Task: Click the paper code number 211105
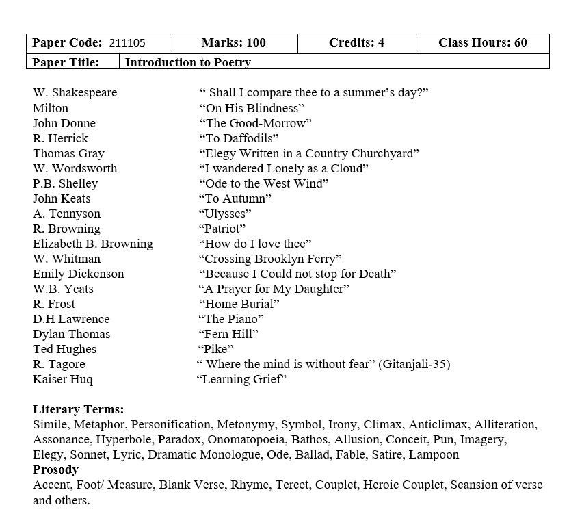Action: [127, 43]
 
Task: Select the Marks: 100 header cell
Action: [233, 43]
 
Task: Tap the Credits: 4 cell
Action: [356, 43]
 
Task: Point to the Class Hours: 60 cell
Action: [482, 43]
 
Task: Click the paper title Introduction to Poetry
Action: [188, 62]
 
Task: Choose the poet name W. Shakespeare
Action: [75, 93]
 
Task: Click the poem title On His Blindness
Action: [252, 108]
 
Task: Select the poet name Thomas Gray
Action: [68, 153]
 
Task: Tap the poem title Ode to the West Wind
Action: [264, 183]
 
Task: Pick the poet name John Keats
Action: [62, 198]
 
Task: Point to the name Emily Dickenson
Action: [79, 274]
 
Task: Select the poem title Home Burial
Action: [239, 304]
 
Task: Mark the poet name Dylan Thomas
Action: [71, 334]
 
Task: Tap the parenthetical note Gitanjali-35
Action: [414, 364]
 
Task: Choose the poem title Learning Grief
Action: [241, 379]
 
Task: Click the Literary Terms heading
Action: [79, 409]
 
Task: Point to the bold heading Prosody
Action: [55, 469]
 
